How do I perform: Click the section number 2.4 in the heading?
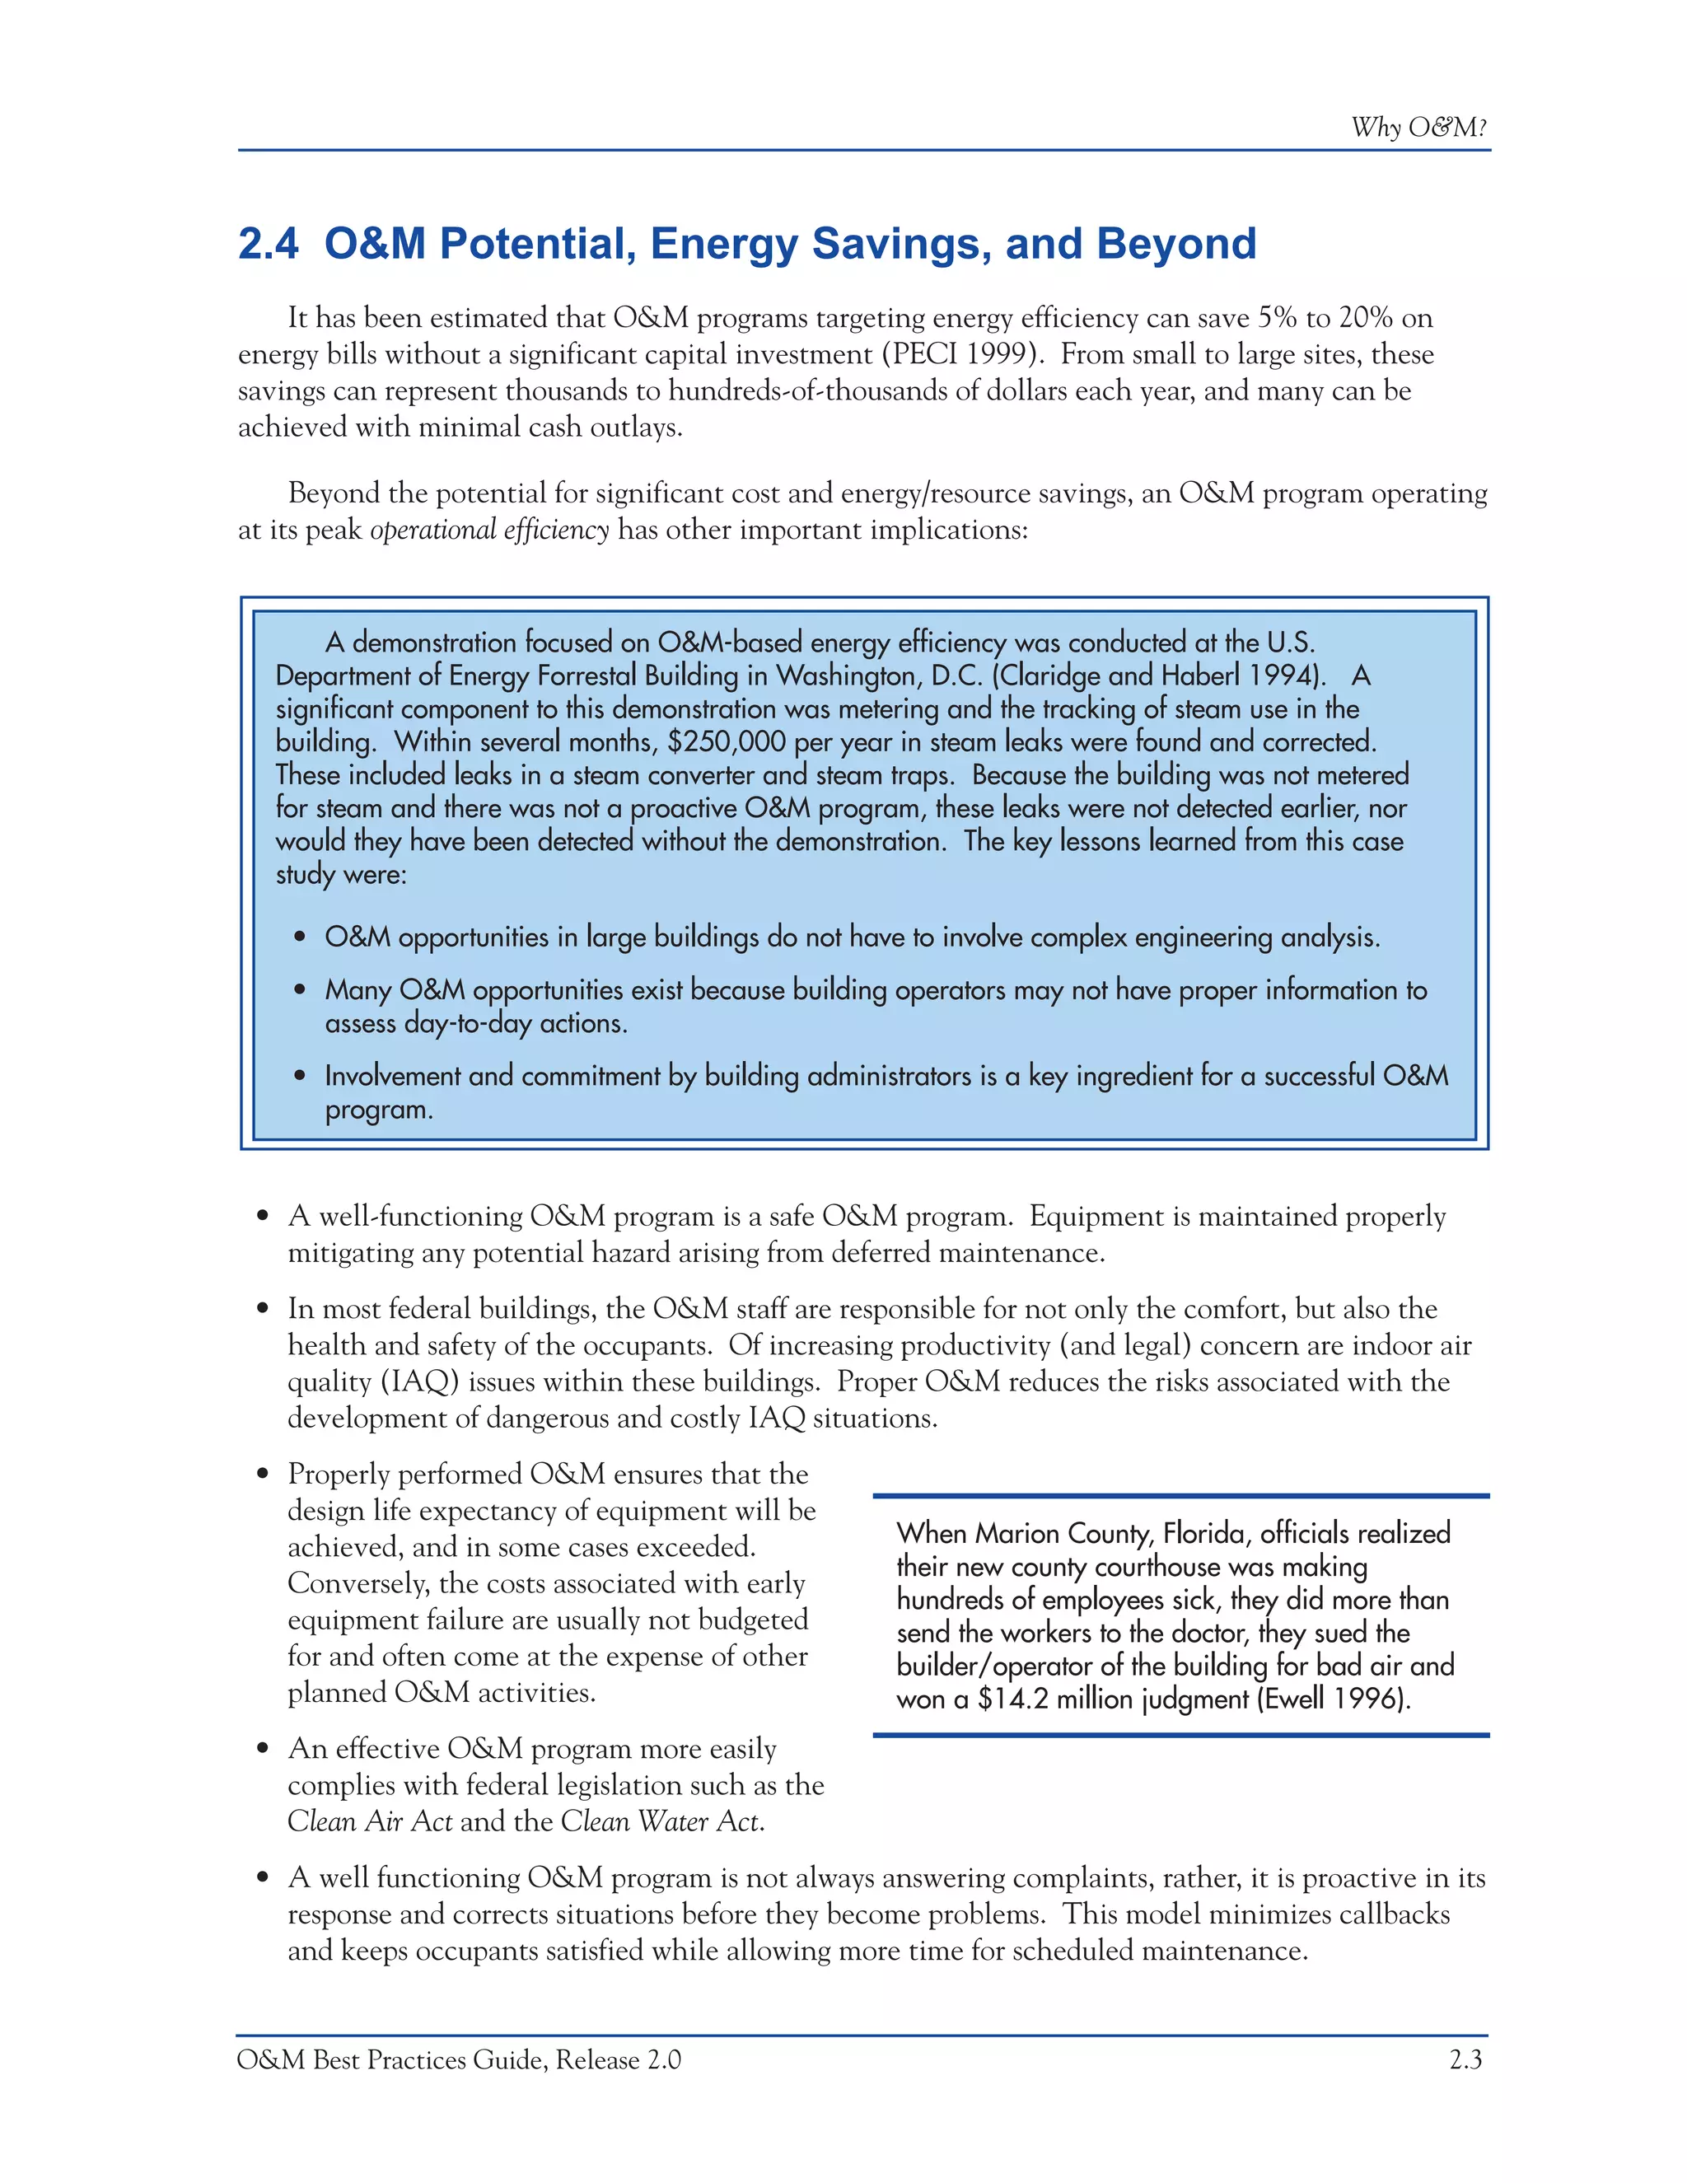[x=268, y=244]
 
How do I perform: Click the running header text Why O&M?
[x=1418, y=128]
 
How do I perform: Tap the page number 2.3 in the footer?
[x=1465, y=2059]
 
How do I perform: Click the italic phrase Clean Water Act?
[x=661, y=1821]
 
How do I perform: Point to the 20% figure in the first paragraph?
[x=1365, y=319]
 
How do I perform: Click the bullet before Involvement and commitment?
[x=300, y=1077]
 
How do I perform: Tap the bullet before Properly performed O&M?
[x=263, y=1475]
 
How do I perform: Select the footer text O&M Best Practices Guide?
[x=392, y=2059]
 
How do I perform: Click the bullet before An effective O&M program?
[x=263, y=1749]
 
